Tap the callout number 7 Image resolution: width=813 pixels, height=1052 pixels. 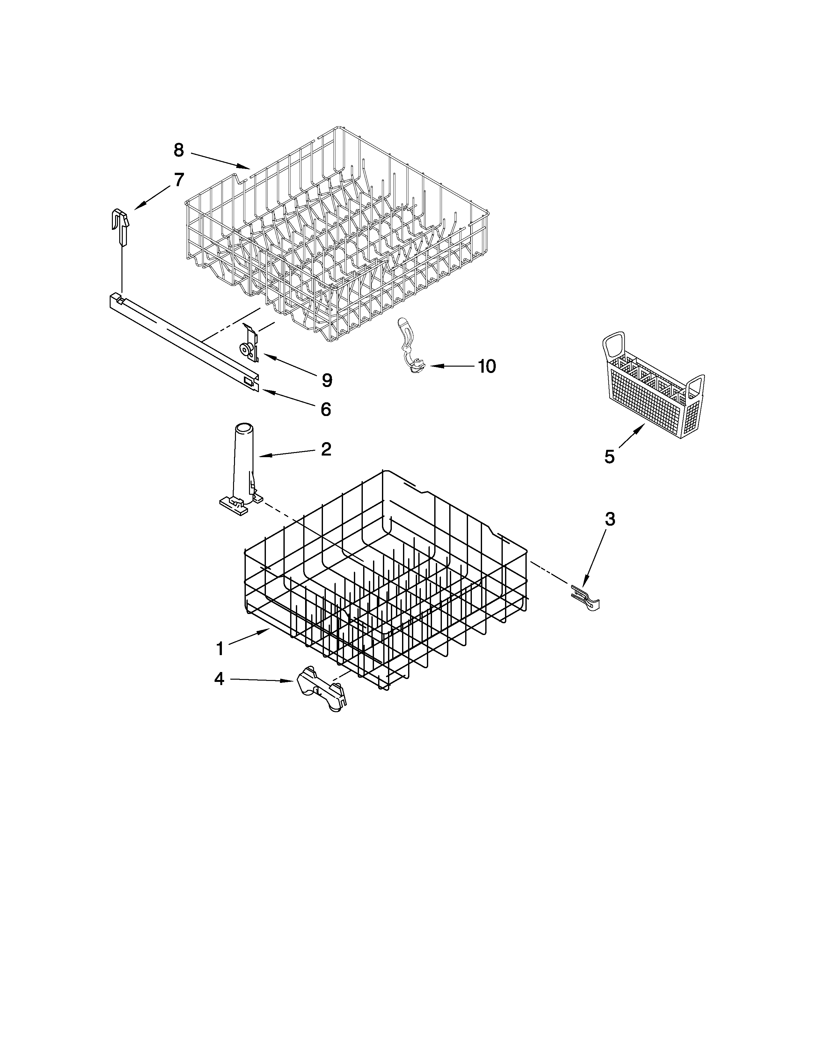click(x=179, y=180)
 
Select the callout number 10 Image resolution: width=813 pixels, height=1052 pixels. click(x=487, y=367)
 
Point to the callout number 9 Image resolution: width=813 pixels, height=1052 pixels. click(x=327, y=381)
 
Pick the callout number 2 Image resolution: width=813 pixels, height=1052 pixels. click(x=326, y=449)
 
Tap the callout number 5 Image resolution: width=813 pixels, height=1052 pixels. click(x=610, y=457)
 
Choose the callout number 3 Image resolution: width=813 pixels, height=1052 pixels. click(x=610, y=519)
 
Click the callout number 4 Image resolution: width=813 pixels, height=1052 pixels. click(x=219, y=679)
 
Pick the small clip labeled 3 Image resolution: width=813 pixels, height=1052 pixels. click(x=585, y=597)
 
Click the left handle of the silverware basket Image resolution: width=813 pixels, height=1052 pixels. click(x=614, y=347)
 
